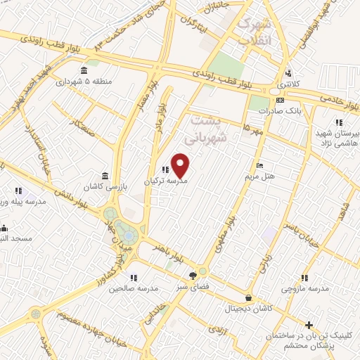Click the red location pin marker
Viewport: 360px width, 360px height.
(x=181, y=166)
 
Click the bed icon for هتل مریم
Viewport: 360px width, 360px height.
(x=260, y=165)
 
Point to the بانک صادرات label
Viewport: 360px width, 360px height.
(x=275, y=111)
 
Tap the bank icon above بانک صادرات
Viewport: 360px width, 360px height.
(x=281, y=100)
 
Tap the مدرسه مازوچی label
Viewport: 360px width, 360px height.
(x=306, y=289)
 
